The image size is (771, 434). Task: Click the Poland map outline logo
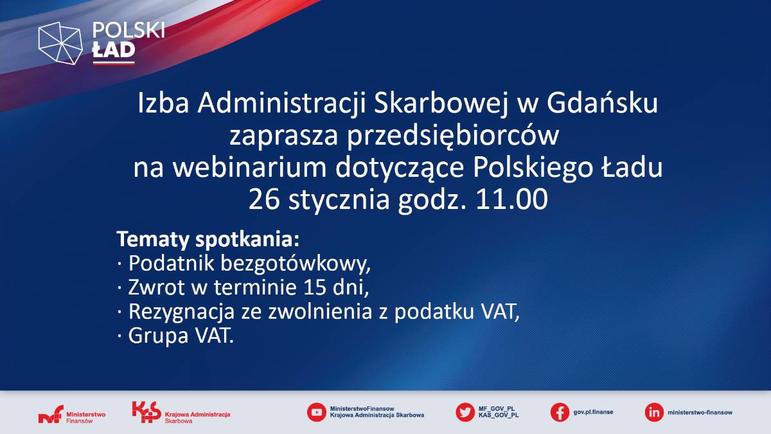click(60, 43)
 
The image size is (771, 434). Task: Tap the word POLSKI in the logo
click(128, 30)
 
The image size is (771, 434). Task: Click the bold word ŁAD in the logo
click(114, 50)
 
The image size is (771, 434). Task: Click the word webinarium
click(249, 168)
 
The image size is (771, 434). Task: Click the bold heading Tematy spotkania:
click(208, 239)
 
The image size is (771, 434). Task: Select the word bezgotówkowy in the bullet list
click(296, 264)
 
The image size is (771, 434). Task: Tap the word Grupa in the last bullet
click(158, 336)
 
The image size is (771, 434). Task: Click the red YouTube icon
click(316, 412)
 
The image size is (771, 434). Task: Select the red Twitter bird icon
click(465, 412)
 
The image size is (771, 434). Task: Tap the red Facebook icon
click(560, 412)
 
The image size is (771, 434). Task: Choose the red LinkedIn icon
click(654, 412)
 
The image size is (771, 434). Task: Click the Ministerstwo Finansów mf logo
click(72, 414)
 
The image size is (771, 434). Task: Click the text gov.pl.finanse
click(593, 412)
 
